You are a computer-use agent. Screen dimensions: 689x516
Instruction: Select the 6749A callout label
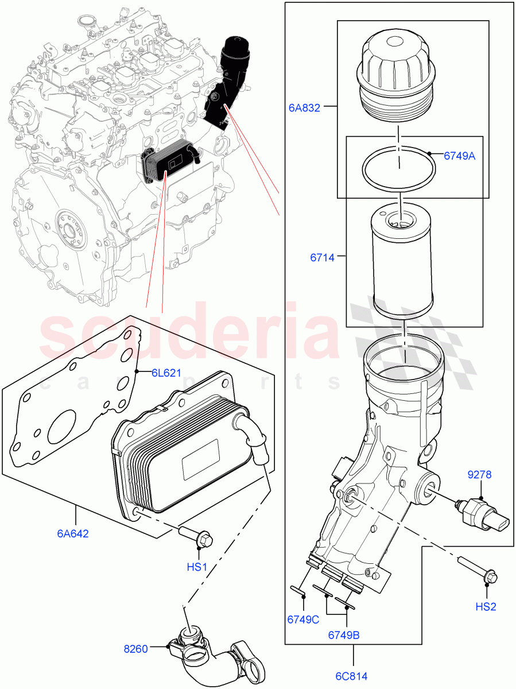tap(459, 156)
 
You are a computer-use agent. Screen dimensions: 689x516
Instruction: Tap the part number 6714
tap(323, 258)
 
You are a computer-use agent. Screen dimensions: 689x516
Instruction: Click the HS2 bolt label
tap(486, 606)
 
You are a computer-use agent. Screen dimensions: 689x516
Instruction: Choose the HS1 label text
tap(197, 567)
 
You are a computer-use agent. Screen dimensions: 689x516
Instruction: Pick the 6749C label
tap(303, 619)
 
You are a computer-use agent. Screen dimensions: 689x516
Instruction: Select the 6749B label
tap(344, 634)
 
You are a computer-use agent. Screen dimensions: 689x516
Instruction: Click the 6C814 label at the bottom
tap(352, 676)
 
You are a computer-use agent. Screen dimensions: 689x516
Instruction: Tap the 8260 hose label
tap(136, 649)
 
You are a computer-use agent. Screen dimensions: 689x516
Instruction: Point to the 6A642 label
tap(72, 533)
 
